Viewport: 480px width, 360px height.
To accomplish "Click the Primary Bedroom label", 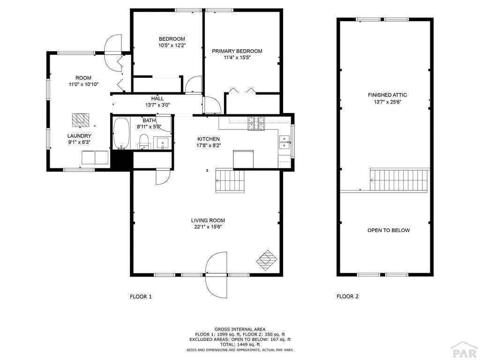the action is click(x=237, y=51).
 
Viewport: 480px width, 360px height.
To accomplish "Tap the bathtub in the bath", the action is click(x=121, y=134).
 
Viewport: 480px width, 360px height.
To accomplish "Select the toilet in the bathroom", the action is click(x=143, y=142).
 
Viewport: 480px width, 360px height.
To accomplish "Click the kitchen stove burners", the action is click(x=256, y=123).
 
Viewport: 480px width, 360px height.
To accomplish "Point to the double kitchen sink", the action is click(x=285, y=142).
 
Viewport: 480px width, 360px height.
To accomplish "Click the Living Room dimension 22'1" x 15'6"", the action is click(x=208, y=227).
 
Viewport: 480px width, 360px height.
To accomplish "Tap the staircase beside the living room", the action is click(x=230, y=180).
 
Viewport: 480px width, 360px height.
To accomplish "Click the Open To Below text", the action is click(x=389, y=230).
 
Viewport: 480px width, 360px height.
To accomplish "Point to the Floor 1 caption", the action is click(x=141, y=297).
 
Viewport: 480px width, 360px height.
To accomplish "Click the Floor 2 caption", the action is click(x=347, y=296).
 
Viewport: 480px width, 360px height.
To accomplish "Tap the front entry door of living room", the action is click(x=217, y=274).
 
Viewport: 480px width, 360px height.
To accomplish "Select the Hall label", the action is click(x=157, y=98).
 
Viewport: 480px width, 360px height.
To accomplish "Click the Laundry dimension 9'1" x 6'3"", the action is click(x=79, y=142).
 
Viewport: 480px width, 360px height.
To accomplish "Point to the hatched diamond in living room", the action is click(x=267, y=260).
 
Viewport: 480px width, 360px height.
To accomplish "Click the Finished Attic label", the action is click(x=387, y=95).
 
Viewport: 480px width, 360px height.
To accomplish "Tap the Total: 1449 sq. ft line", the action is click(x=240, y=345).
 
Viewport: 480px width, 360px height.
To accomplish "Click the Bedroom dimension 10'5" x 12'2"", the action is click(x=172, y=45).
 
